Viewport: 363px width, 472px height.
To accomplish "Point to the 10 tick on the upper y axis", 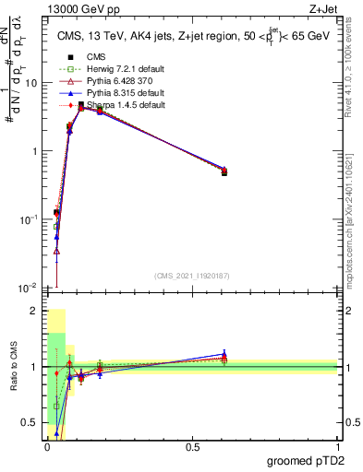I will click(x=34, y=83).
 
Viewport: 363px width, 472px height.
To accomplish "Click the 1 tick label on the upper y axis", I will click(x=38, y=151).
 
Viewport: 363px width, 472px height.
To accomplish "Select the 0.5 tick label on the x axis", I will click(x=192, y=447).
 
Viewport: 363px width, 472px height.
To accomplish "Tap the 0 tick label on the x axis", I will click(x=47, y=447).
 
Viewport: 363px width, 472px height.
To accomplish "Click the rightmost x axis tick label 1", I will click(x=337, y=447).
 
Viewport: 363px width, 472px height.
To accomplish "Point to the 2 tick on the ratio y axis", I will click(x=38, y=311).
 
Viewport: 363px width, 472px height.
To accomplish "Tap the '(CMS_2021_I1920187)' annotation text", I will click(x=192, y=276).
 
